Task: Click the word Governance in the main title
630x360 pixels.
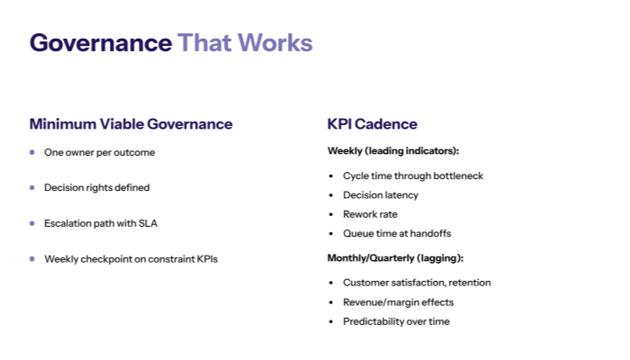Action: tap(100, 42)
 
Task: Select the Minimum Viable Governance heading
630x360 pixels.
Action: tap(130, 124)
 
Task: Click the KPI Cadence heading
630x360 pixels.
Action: tap(372, 124)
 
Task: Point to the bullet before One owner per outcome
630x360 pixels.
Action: tap(32, 152)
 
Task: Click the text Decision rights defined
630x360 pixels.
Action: tap(97, 188)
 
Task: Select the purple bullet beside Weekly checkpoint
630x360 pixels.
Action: tap(32, 258)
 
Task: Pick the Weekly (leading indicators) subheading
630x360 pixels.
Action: tap(393, 151)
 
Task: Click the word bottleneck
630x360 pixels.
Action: tap(457, 175)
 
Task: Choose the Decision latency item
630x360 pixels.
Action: tap(380, 194)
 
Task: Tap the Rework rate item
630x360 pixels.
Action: tap(370, 214)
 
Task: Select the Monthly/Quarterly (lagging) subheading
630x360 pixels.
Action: tap(395, 258)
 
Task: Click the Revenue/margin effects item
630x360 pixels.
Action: tap(398, 302)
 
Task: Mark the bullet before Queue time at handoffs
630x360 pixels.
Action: tap(332, 233)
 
